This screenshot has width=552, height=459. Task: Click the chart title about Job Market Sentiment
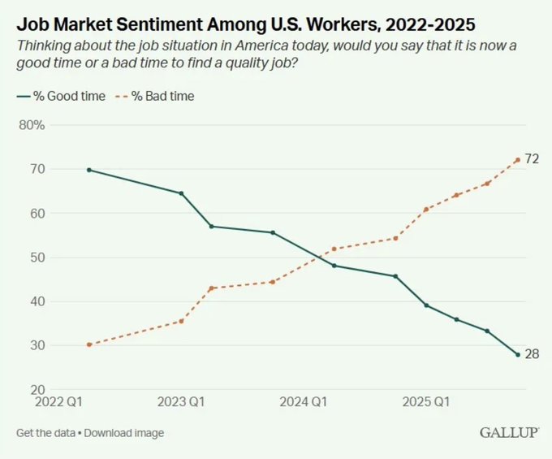coord(244,18)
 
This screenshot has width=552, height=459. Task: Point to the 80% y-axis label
coord(31,125)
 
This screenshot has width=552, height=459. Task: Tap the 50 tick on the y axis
coord(37,258)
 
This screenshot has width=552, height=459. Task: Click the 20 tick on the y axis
coord(37,390)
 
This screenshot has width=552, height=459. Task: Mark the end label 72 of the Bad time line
coord(532,159)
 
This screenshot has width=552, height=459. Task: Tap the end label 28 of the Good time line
coord(532,353)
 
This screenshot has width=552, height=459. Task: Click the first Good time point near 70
coord(88,170)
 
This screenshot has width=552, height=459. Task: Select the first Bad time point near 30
coord(88,344)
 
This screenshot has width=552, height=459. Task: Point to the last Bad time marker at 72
coord(518,159)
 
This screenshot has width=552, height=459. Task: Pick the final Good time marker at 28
coord(518,354)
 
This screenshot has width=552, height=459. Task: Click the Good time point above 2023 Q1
coord(181,193)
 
